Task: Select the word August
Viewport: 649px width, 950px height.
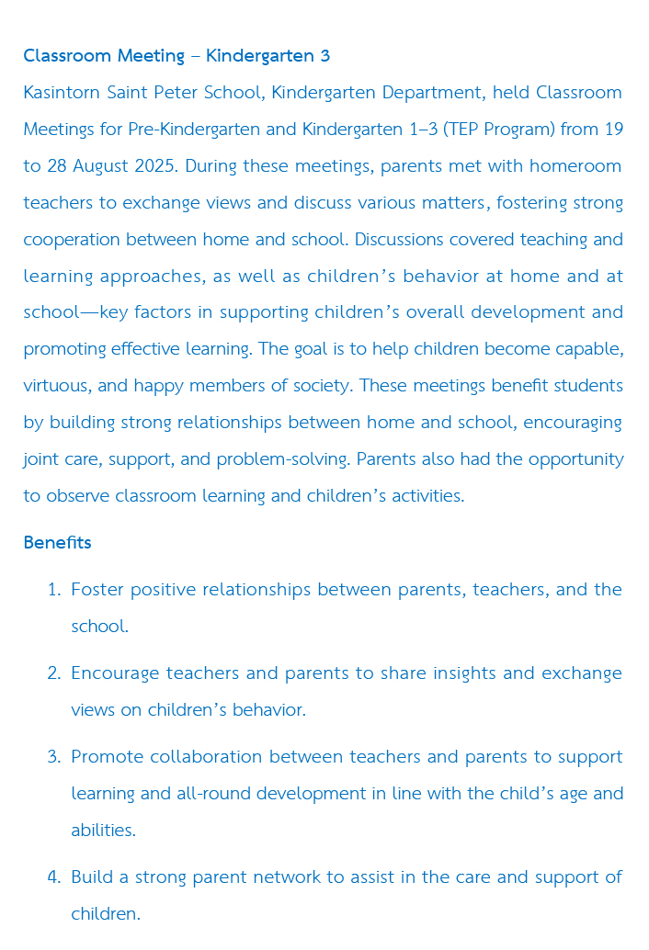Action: (99, 166)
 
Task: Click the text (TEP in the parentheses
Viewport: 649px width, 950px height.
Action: (461, 130)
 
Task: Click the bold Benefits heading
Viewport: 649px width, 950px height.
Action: (57, 542)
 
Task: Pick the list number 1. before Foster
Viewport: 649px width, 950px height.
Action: (54, 590)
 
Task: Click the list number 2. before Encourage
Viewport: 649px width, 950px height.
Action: (54, 673)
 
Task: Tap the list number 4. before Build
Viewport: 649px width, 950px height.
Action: (54, 877)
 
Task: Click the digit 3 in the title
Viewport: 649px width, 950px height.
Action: (324, 56)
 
